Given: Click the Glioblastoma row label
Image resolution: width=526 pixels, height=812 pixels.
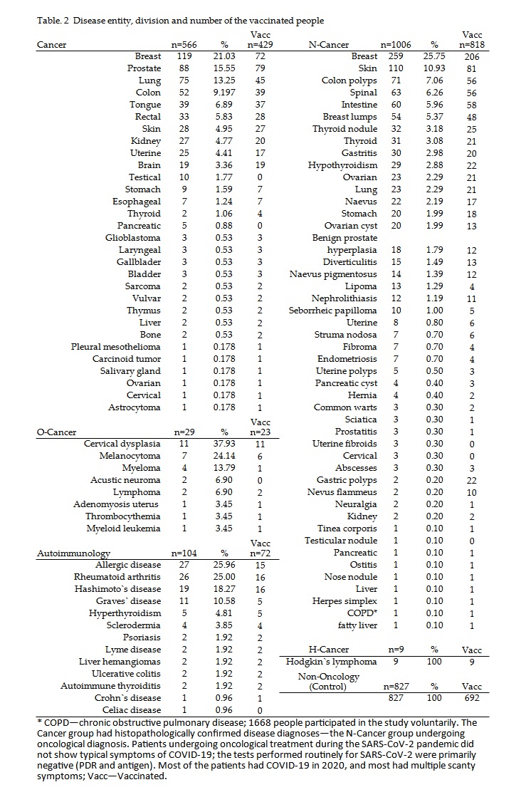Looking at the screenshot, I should [133, 237].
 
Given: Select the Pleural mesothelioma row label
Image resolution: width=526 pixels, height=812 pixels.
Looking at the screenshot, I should [115, 346].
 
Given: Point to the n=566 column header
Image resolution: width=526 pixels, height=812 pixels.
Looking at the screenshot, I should [182, 45].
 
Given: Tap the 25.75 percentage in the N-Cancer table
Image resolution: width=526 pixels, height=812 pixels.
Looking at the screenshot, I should [434, 56].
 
